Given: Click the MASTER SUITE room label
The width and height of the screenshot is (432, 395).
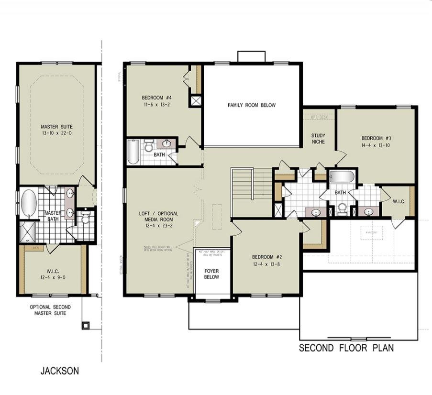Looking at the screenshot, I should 56,126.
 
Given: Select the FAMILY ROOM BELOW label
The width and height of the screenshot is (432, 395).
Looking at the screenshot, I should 251,105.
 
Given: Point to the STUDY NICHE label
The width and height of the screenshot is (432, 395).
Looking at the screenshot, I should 318,138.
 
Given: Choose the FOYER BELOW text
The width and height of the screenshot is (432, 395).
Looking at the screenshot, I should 211,274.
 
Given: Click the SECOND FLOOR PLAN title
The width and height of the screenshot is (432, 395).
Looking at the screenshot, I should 346,348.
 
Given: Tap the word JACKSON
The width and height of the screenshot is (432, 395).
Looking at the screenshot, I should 59,371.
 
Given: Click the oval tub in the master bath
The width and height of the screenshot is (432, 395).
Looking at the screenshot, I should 29,203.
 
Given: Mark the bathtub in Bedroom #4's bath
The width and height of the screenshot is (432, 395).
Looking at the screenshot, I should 134,151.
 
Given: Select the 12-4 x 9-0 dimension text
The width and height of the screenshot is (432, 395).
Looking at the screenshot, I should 53,277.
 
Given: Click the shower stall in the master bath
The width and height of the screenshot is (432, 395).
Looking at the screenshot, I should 27,232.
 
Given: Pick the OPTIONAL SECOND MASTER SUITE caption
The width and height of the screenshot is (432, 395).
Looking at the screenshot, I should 50,310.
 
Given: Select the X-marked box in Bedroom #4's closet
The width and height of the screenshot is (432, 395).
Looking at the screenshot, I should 196,101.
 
